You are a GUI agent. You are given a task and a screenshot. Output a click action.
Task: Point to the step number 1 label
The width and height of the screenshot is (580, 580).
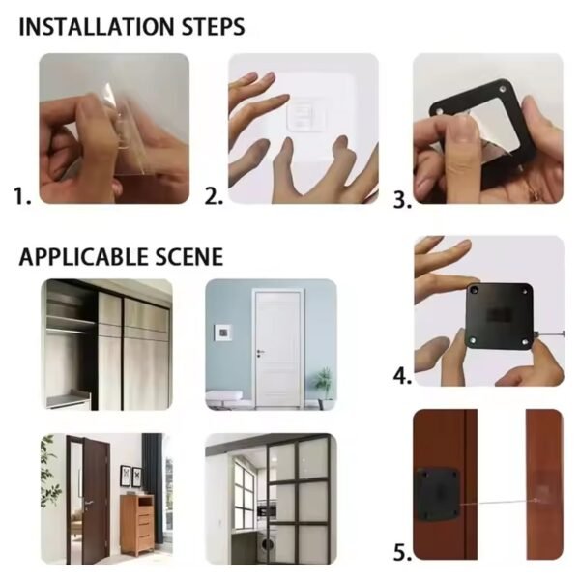pos(23,196)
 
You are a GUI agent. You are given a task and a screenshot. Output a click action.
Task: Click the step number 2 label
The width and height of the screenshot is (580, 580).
pos(214,196)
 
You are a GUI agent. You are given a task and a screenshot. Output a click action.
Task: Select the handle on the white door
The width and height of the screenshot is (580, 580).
pos(258,354)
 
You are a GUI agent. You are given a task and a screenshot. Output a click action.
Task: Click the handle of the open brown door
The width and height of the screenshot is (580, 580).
pos(87,504)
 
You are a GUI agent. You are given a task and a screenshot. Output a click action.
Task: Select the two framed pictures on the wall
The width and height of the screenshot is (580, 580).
pos(130,476)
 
